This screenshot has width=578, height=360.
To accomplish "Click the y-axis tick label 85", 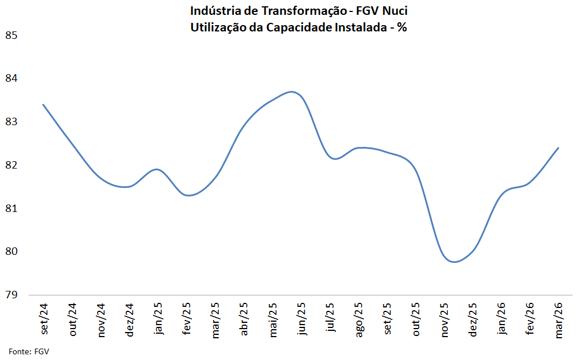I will click(11, 35).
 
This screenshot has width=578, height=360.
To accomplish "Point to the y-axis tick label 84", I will click(11, 78).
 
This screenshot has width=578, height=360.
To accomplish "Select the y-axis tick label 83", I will click(11, 122).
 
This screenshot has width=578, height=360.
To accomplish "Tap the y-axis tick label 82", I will click(11, 165).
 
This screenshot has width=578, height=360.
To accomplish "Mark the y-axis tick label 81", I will click(11, 209).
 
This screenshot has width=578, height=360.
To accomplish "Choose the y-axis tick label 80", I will click(11, 251).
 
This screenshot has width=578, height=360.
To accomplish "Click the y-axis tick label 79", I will click(11, 295).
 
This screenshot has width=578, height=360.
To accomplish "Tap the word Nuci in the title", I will click(394, 11).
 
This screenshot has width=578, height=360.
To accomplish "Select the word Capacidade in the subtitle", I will click(297, 26).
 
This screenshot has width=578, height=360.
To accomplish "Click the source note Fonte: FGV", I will click(29, 351).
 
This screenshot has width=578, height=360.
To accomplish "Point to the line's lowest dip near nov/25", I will click(454, 262).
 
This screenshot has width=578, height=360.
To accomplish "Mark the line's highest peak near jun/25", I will click(292, 91).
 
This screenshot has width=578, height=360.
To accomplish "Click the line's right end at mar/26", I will click(558, 148).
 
